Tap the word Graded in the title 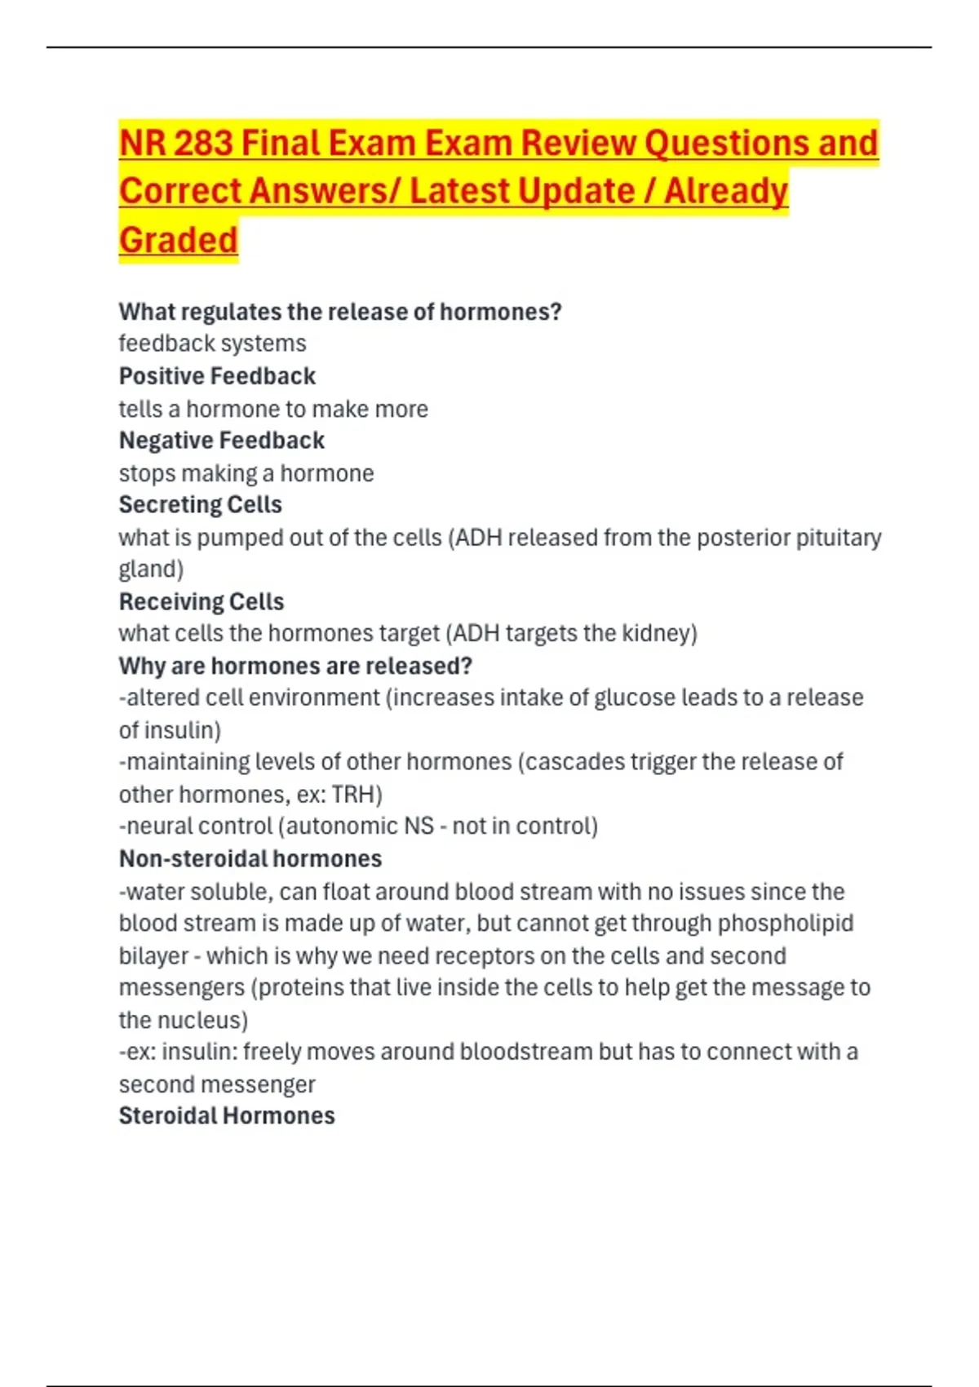[178, 240]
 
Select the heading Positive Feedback [217, 376]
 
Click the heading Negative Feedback [221, 441]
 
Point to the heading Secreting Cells [200, 505]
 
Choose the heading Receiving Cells [202, 602]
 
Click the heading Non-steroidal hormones [250, 859]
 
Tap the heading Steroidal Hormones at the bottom [227, 1116]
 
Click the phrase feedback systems [212, 343]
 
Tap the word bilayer [153, 956]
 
